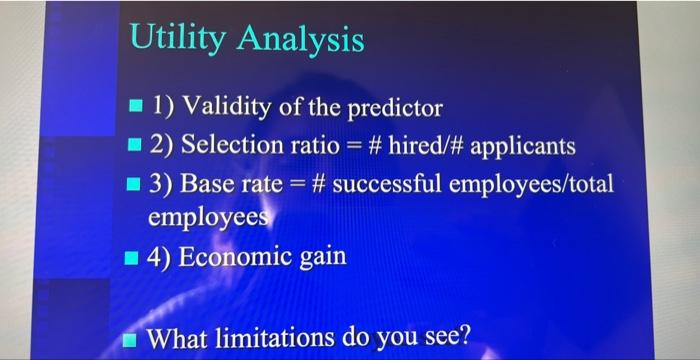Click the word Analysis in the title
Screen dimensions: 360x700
pyautogui.click(x=301, y=41)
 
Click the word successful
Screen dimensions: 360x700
pyautogui.click(x=385, y=187)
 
